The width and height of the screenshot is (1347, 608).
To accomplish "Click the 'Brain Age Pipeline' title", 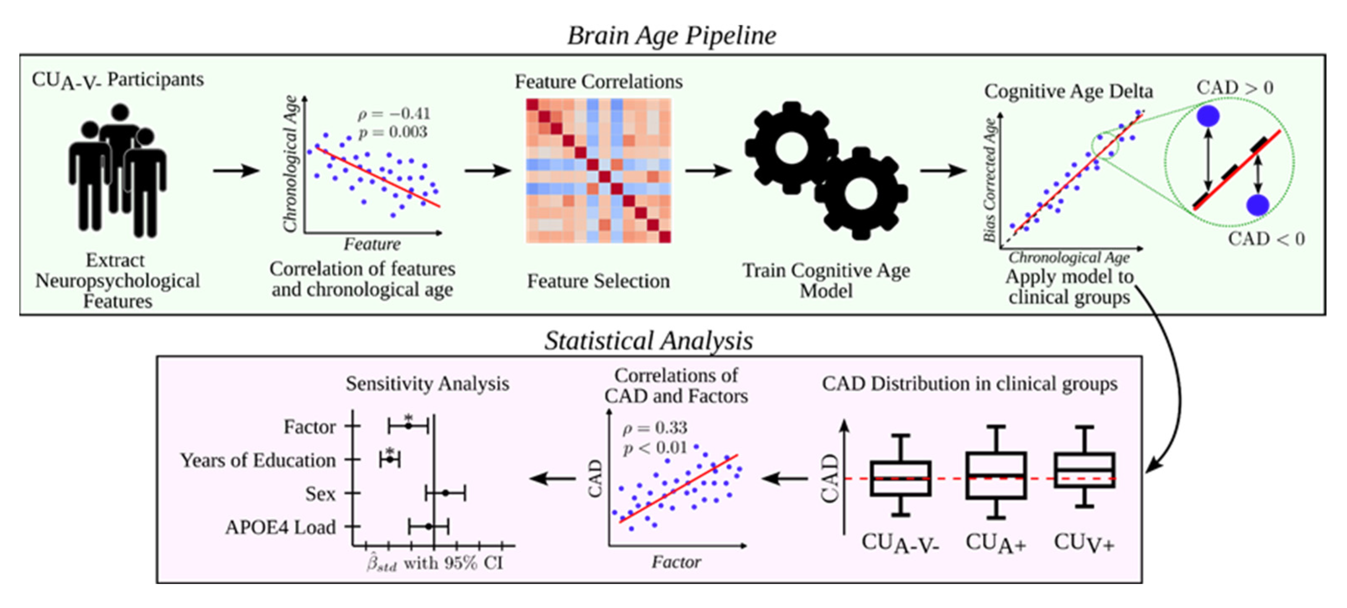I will tap(672, 36).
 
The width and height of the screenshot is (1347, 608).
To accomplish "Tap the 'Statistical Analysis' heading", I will tap(649, 340).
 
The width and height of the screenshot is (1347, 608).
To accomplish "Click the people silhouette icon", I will tap(118, 170).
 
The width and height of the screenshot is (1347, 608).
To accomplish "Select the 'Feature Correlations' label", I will tap(599, 82).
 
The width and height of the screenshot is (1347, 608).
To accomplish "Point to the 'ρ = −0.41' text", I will tap(394, 114).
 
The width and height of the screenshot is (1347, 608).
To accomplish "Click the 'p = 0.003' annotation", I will tap(393, 132).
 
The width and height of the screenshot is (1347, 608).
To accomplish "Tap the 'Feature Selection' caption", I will tap(598, 281).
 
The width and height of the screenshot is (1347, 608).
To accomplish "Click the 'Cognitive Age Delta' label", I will tap(1068, 91).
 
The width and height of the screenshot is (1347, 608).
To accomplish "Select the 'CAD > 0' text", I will tap(1235, 87).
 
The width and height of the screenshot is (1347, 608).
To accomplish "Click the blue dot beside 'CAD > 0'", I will tap(1208, 116).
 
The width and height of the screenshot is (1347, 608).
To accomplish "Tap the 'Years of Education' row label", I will tap(258, 460).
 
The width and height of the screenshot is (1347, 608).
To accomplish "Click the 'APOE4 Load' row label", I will tap(280, 527).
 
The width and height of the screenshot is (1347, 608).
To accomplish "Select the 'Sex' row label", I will tap(320, 494).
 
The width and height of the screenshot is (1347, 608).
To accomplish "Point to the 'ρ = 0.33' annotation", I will tap(655, 428).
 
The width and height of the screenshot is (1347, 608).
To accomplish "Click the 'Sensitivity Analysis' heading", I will tap(427, 384).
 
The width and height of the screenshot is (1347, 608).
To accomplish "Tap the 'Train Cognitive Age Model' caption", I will tap(826, 280).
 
